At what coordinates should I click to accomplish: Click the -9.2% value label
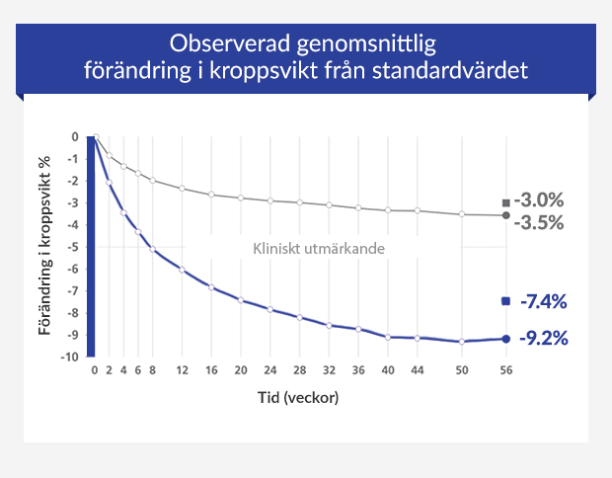point(545,339)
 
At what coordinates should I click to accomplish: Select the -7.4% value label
point(545,301)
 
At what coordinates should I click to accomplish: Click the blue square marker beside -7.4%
point(506,301)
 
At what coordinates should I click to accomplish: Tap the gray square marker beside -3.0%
point(506,202)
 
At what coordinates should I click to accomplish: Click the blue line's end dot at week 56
point(506,339)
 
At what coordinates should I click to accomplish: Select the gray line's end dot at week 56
point(506,215)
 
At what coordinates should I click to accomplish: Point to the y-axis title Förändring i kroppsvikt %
point(45,246)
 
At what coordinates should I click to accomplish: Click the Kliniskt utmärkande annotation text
point(319,249)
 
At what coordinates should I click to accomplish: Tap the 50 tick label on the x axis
point(461,370)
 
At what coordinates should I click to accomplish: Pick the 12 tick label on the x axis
point(182,370)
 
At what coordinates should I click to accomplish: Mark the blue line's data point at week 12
point(182,270)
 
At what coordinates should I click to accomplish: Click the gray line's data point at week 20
point(241,198)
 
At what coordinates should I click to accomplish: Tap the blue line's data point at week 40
point(388,337)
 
